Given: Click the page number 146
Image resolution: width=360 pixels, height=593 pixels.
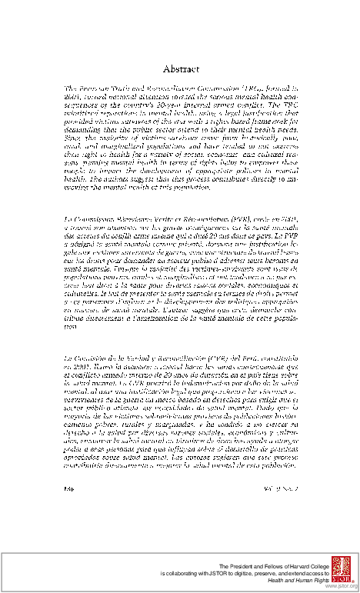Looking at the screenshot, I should pyautogui.click(x=70, y=487).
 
